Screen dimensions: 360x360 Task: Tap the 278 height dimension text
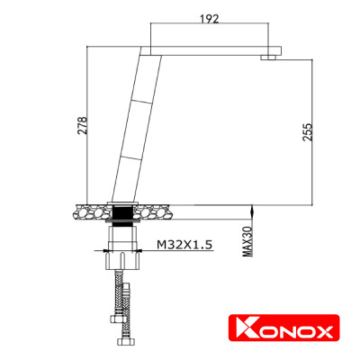click(x=83, y=126)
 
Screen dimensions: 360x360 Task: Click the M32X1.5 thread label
click(x=184, y=243)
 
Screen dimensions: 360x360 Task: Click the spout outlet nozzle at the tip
click(x=268, y=58)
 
